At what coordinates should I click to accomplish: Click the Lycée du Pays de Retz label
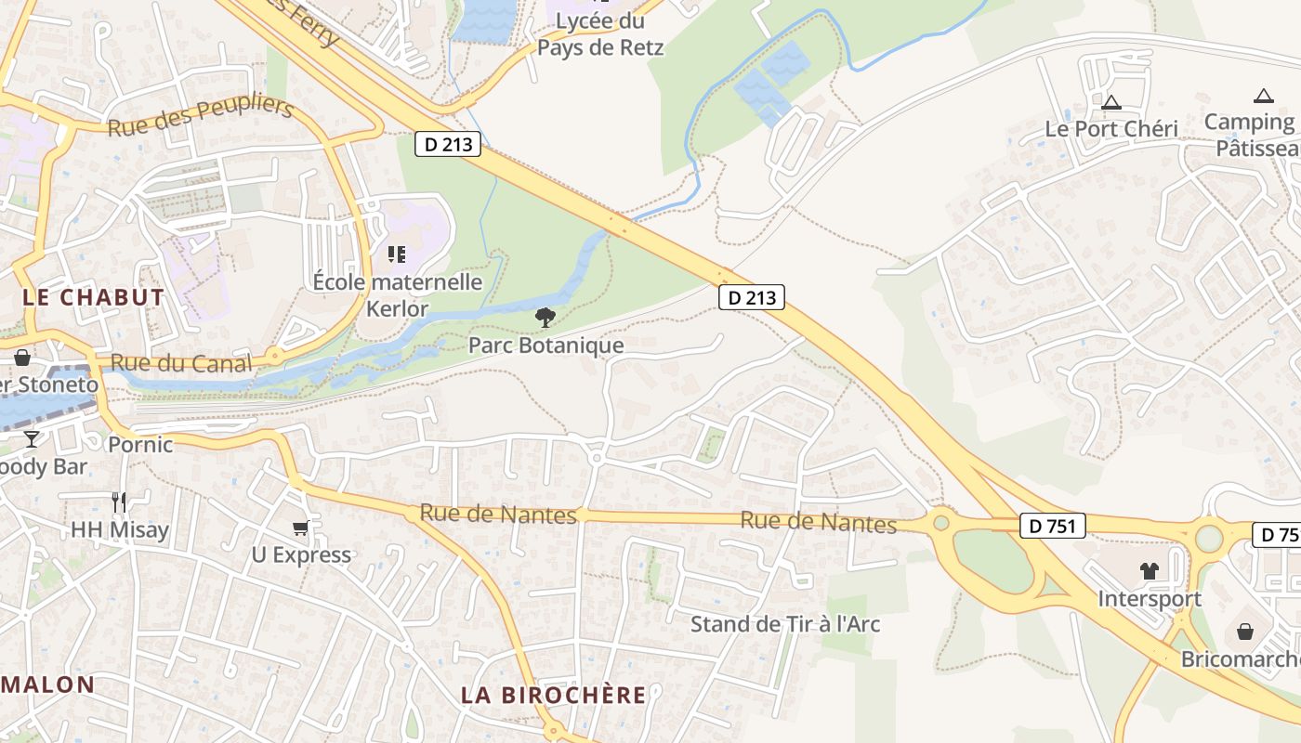600,33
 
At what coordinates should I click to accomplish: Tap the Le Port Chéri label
1111,129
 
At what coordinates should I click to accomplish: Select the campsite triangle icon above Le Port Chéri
1111,102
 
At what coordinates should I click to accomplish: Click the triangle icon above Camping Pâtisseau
1263,96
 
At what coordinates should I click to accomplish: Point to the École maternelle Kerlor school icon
397,254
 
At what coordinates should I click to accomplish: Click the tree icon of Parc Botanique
545,319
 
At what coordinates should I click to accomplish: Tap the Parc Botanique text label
545,345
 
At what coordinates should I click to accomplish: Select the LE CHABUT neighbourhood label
93,298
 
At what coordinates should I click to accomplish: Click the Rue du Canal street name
181,363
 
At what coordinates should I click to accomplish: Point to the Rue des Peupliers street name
201,115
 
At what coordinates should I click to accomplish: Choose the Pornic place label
140,445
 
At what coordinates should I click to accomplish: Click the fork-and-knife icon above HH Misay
119,502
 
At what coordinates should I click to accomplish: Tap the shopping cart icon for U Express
300,528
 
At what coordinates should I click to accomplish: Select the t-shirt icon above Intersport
1150,571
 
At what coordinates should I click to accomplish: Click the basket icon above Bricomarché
1245,632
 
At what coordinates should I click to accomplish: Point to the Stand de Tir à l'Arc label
784,624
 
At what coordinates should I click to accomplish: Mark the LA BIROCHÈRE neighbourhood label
554,696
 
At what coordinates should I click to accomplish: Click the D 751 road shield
1053,527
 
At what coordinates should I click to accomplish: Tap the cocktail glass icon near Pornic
32,438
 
